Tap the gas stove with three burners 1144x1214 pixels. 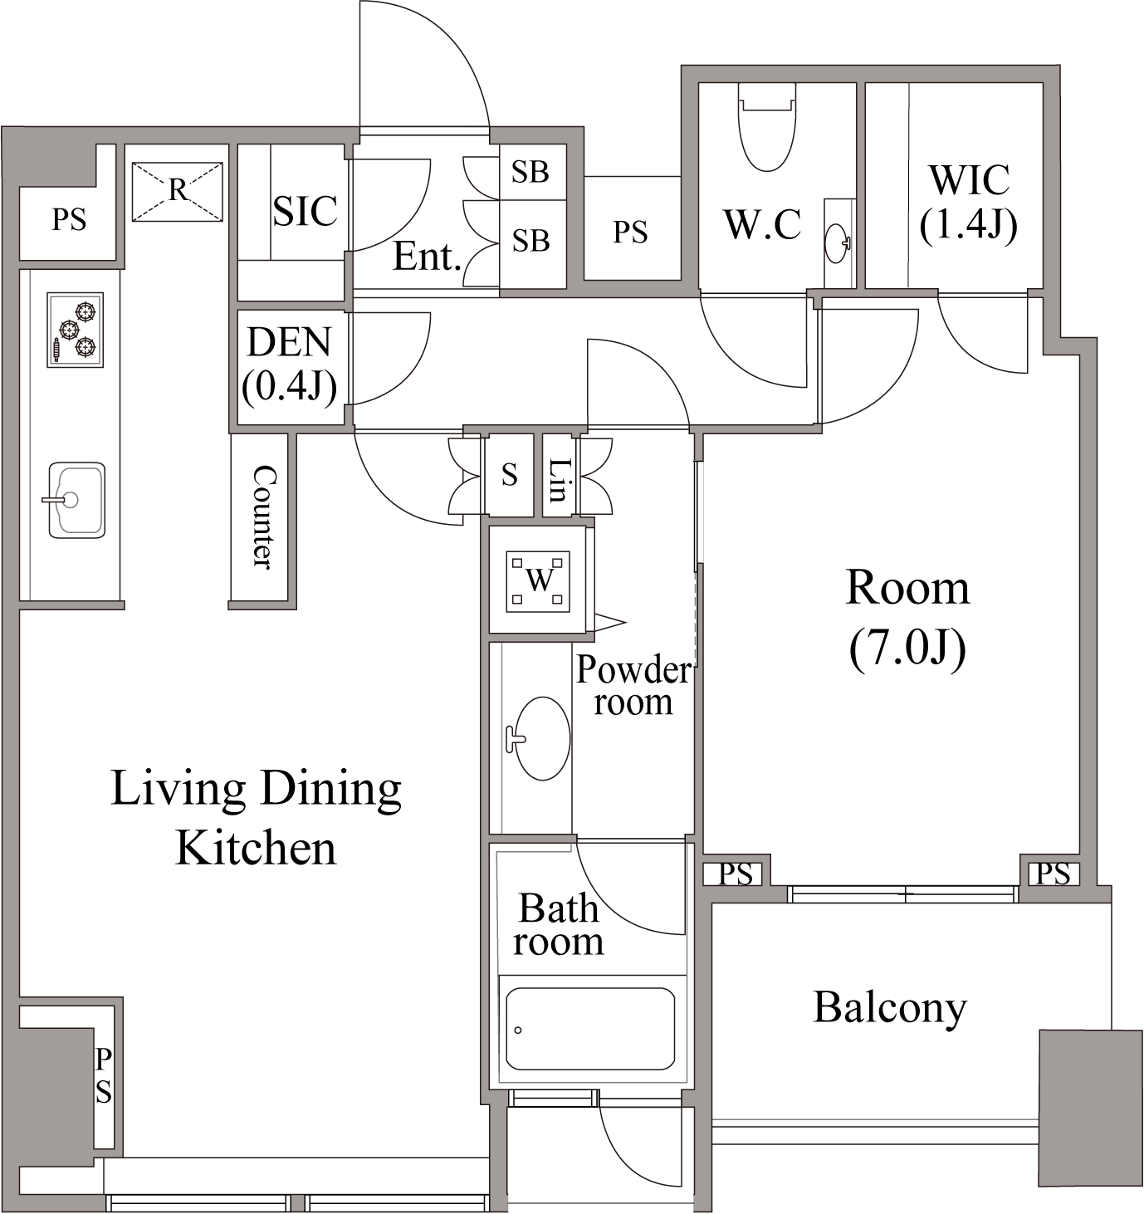(76, 330)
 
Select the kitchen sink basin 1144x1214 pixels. (76, 500)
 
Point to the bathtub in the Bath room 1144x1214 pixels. (590, 1029)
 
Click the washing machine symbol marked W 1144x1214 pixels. (538, 581)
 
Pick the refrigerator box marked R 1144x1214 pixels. (178, 191)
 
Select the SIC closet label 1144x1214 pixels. (306, 211)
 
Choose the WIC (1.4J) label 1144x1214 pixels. (969, 203)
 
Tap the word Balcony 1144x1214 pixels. (890, 1008)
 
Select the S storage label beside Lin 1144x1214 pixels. (510, 474)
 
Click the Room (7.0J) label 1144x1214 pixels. (907, 619)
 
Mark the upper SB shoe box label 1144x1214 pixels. (530, 172)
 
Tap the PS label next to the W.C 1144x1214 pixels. (630, 232)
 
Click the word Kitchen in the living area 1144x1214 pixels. (257, 848)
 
